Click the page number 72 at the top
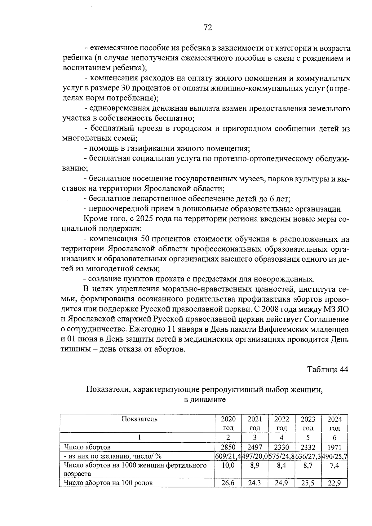(208, 28)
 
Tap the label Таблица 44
(327, 369)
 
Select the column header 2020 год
(228, 423)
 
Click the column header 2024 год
(334, 423)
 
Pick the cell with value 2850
(228, 447)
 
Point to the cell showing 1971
(334, 447)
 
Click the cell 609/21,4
(228, 456)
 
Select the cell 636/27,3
(308, 456)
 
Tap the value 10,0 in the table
(228, 465)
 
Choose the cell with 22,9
(334, 483)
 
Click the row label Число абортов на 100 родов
(108, 483)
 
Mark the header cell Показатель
(139, 419)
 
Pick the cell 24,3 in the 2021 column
(255, 483)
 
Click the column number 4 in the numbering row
(281, 438)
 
